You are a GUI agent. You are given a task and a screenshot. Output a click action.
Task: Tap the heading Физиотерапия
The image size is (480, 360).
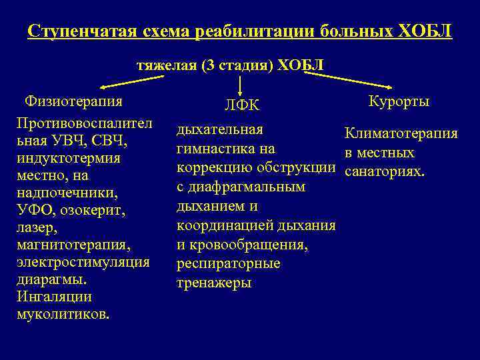tap(73, 101)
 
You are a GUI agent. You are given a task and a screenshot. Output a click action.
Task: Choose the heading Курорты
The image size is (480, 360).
tap(398, 101)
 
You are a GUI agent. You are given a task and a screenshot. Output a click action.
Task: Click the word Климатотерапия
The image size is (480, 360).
tap(401, 134)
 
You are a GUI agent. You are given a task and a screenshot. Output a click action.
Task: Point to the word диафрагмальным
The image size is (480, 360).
tap(247, 187)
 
